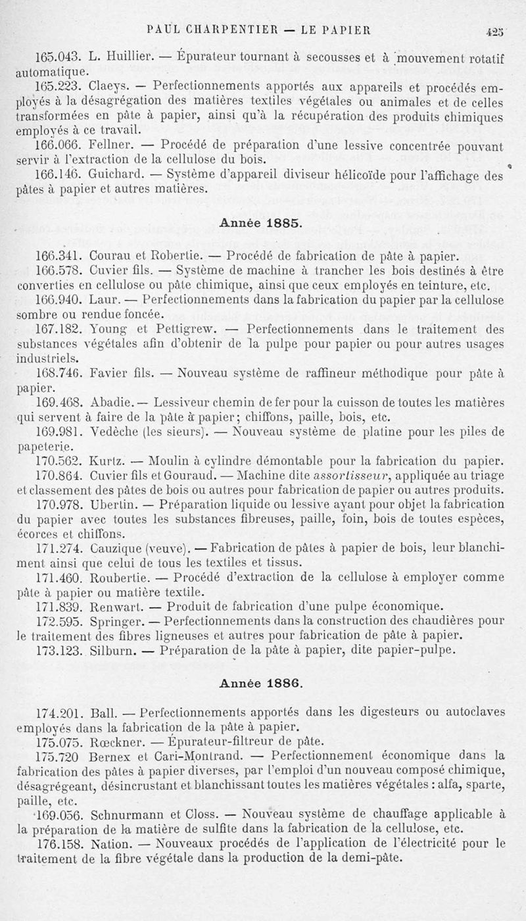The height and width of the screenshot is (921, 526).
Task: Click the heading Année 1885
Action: click(261, 222)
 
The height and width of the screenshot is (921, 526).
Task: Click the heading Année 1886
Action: click(261, 683)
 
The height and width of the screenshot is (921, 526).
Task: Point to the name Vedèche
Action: click(108, 433)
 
